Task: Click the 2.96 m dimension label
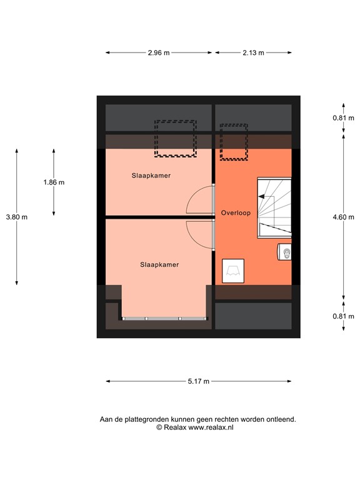pyautogui.click(x=159, y=53)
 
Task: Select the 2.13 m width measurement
pyautogui.click(x=253, y=53)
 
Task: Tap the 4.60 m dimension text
pyautogui.click(x=344, y=217)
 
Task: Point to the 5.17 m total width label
pyautogui.click(x=198, y=381)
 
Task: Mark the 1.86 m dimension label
pyautogui.click(x=54, y=182)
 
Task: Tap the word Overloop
pyautogui.click(x=236, y=213)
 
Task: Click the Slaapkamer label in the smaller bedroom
pyautogui.click(x=151, y=176)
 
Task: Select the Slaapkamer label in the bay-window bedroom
pyautogui.click(x=159, y=264)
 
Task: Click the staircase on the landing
pyautogui.click(x=274, y=207)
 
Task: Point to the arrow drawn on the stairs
pyautogui.click(x=267, y=199)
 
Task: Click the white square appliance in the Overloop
pyautogui.click(x=234, y=271)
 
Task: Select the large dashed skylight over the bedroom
pyautogui.click(x=176, y=138)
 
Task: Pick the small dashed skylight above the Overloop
pyautogui.click(x=233, y=142)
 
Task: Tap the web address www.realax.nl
pyautogui.click(x=211, y=427)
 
